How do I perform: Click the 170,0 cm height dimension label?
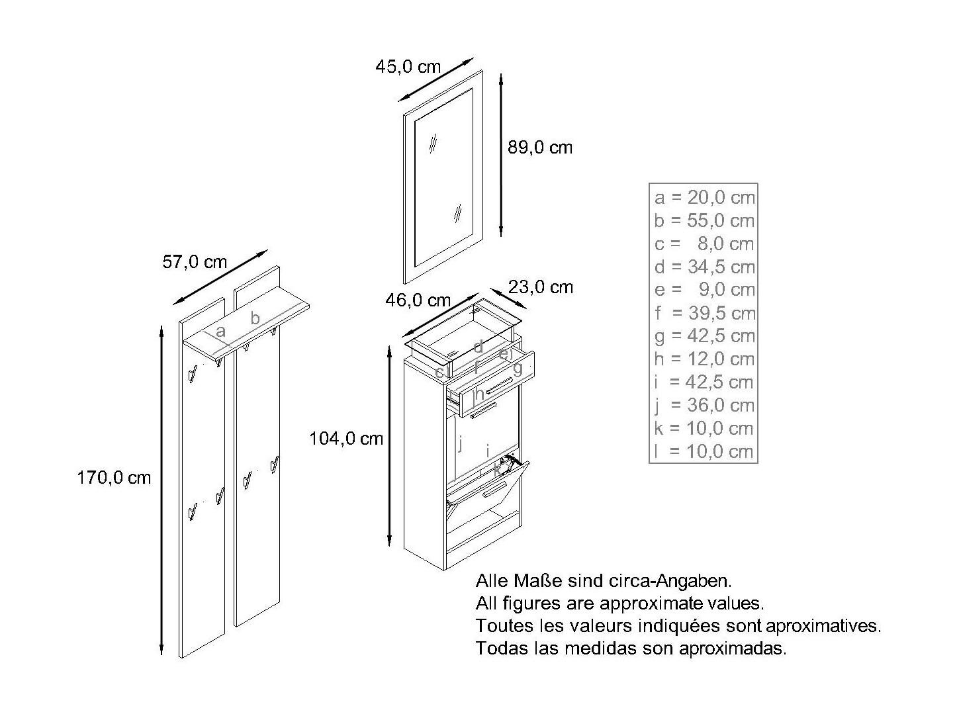pyautogui.click(x=114, y=478)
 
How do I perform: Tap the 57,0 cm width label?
pyautogui.click(x=195, y=261)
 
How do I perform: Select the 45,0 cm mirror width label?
pyautogui.click(x=408, y=66)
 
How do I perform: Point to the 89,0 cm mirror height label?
pyautogui.click(x=540, y=148)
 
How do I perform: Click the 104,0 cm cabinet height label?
pyautogui.click(x=346, y=438)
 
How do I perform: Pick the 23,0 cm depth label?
pyautogui.click(x=541, y=287)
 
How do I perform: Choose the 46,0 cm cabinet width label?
pyautogui.click(x=418, y=300)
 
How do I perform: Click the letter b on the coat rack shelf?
pyautogui.click(x=255, y=318)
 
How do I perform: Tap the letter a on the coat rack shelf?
pyautogui.click(x=220, y=332)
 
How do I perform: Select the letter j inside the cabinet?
pyautogui.click(x=461, y=443)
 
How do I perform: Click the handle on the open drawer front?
pyautogui.click(x=500, y=385)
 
